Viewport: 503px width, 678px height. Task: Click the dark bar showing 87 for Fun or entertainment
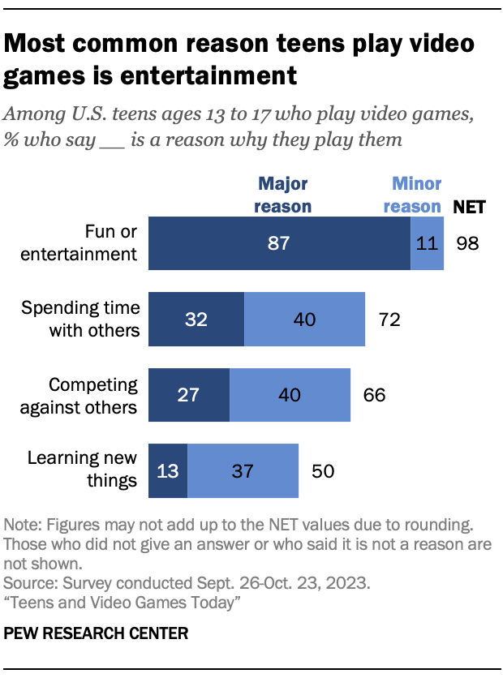point(278,243)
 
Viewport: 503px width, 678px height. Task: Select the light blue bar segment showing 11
point(427,243)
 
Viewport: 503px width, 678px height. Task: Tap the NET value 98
point(468,243)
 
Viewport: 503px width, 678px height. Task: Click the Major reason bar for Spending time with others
point(196,320)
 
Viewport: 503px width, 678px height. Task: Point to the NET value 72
point(389,320)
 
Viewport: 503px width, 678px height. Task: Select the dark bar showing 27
point(188,395)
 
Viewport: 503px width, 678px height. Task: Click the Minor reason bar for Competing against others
point(290,395)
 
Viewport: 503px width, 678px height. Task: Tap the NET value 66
point(374,395)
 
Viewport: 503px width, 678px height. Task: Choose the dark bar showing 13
point(167,470)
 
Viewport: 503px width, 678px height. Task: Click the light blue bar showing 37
point(243,470)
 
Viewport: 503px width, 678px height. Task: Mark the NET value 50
point(322,470)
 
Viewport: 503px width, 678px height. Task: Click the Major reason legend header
point(282,195)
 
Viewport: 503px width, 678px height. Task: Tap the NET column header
point(469,206)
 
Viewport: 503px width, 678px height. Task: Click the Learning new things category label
point(82,470)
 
